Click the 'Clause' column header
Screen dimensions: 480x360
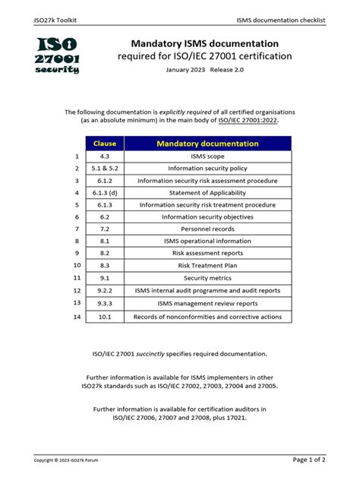click(104, 143)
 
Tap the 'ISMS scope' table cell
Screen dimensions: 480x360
click(207, 156)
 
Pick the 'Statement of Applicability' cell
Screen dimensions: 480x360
click(207, 193)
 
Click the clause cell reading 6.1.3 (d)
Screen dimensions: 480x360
click(104, 193)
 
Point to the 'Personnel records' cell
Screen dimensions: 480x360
click(207, 229)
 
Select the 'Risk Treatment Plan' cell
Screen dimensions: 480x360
click(207, 266)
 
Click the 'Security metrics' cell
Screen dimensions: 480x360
click(207, 278)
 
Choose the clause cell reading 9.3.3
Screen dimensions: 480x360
click(104, 303)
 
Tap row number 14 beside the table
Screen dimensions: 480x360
click(77, 316)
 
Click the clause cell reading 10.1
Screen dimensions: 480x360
click(104, 316)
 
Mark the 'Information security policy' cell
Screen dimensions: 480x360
click(207, 169)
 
